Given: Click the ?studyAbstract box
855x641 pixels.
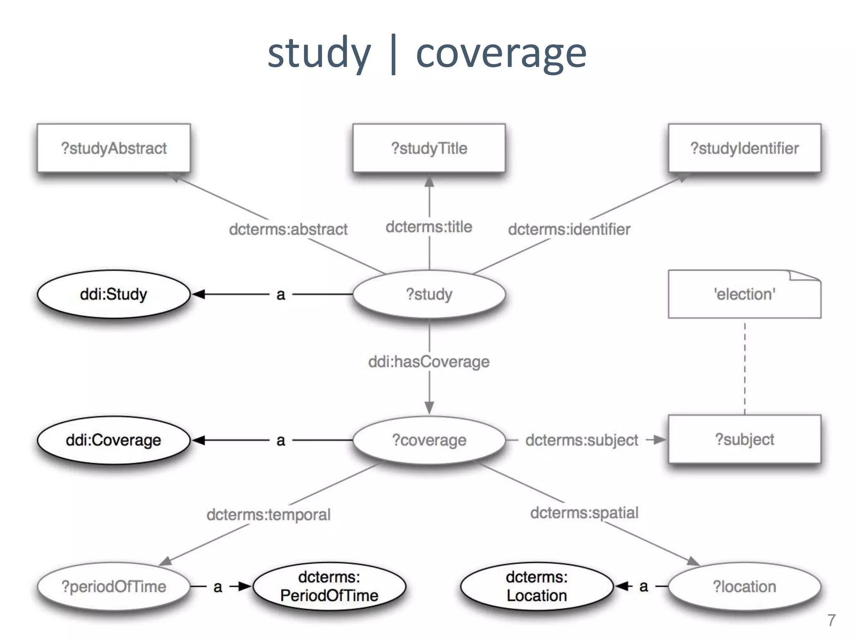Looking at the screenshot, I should [x=114, y=148].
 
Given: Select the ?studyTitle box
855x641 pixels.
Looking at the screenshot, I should [x=429, y=148].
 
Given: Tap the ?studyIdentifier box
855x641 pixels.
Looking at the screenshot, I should [x=744, y=148].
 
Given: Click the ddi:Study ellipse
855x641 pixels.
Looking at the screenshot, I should [x=114, y=294].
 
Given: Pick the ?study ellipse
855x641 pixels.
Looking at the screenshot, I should [x=429, y=294].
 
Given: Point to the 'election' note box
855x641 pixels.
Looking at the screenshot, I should [x=744, y=294].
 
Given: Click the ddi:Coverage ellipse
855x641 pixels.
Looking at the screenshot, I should [x=114, y=440].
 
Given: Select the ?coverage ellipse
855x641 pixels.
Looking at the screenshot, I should [x=429, y=440].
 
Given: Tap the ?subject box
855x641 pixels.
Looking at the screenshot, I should [x=744, y=439].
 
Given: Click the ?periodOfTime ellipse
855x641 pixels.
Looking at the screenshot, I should [x=114, y=586].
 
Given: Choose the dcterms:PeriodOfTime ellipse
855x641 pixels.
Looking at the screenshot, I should [x=329, y=586].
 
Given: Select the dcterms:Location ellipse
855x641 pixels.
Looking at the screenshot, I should [x=536, y=586].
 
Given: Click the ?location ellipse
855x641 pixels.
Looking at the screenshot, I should [x=744, y=586].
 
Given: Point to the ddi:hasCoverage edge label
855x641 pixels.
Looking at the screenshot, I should [x=429, y=361].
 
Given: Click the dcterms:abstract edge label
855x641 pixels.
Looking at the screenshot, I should [x=288, y=229].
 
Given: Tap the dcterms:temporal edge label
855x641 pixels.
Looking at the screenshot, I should [x=268, y=515].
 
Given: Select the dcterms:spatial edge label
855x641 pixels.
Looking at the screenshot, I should [x=584, y=512].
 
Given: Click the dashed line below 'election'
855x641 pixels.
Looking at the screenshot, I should [x=745, y=367].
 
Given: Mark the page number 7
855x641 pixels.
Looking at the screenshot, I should [x=831, y=620].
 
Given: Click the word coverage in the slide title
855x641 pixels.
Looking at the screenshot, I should [x=501, y=53].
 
